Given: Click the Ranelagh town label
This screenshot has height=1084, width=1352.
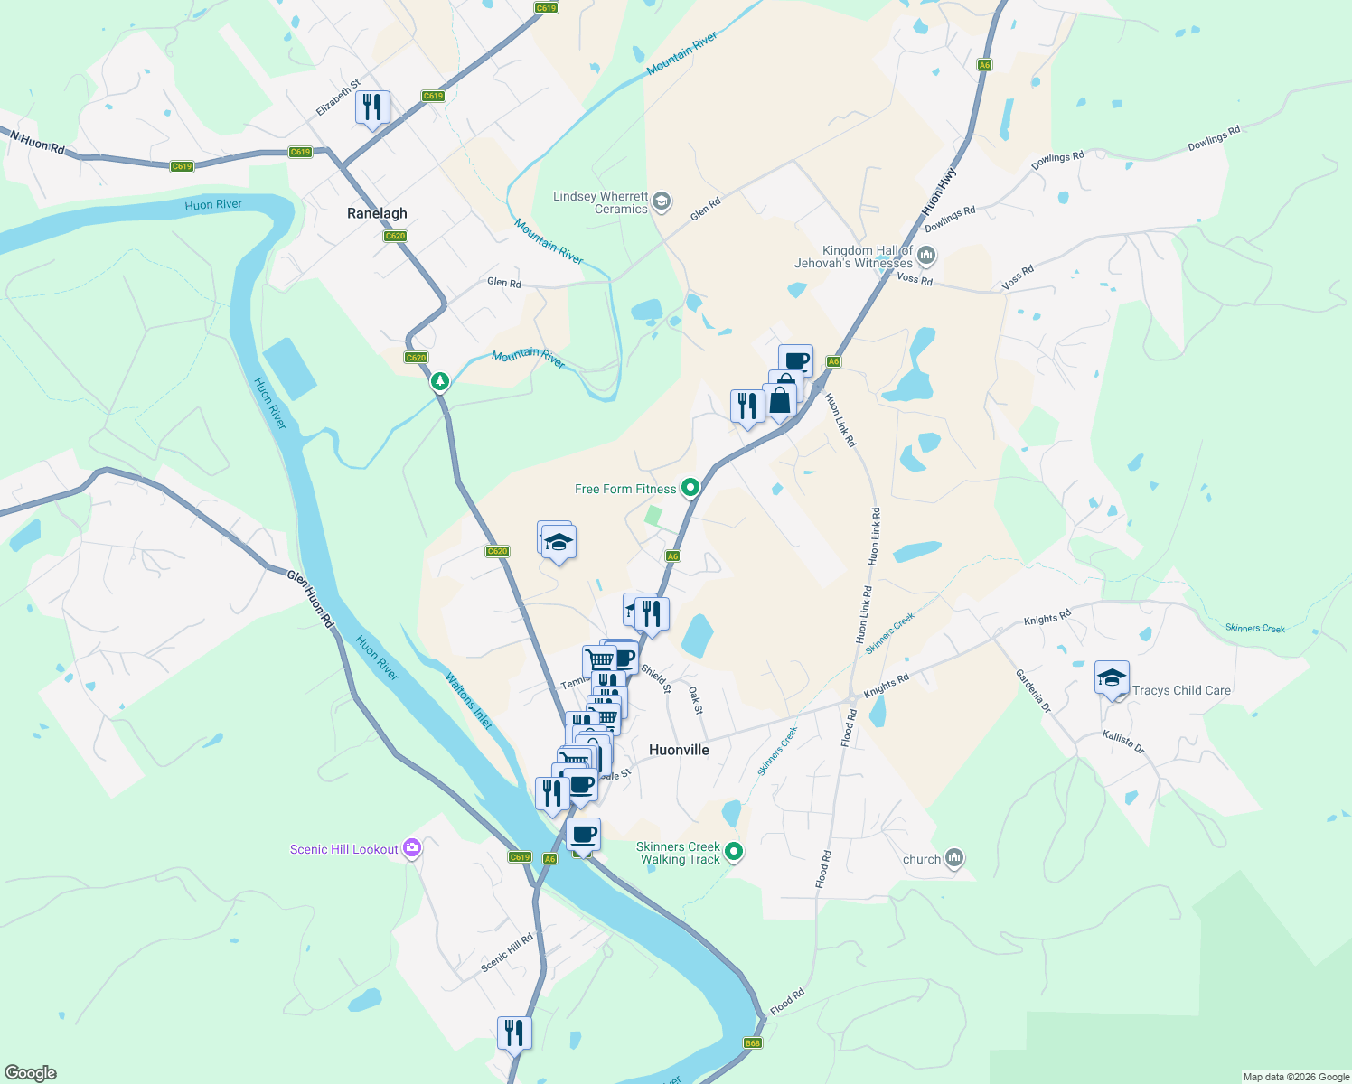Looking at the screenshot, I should tap(377, 214).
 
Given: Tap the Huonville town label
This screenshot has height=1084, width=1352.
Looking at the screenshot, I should tap(679, 750).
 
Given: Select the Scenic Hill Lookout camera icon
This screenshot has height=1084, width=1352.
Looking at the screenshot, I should tap(412, 848).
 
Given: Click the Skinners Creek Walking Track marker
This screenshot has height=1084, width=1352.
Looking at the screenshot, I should tap(734, 852).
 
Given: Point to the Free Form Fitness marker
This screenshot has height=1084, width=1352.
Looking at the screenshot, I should tap(690, 488).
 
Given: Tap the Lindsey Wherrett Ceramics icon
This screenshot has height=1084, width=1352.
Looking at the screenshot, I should tap(662, 201).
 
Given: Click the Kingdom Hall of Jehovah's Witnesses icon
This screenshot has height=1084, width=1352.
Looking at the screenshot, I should tap(925, 257).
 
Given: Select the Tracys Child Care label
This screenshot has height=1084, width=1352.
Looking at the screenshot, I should tap(1181, 690).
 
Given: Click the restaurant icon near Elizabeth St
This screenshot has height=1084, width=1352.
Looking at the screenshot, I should tap(372, 107).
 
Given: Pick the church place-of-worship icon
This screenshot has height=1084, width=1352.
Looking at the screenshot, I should tap(954, 858).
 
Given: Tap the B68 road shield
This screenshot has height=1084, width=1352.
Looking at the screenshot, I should tap(753, 1043).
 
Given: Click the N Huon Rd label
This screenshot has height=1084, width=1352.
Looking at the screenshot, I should tap(38, 142).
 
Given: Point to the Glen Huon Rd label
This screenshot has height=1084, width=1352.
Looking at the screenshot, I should tap(311, 598).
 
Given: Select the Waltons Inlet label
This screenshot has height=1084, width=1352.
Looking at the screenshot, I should tap(469, 701).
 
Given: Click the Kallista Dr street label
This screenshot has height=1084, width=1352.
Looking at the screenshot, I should tap(1123, 742).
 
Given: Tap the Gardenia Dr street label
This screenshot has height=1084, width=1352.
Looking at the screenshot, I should tap(1033, 691).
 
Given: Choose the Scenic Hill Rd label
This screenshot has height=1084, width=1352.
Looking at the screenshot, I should tap(507, 953).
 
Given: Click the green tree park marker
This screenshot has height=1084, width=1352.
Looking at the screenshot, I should tap(440, 381).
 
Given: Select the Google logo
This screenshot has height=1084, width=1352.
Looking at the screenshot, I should tap(31, 1073).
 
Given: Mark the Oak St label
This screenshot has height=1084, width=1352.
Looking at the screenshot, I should tap(696, 700).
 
